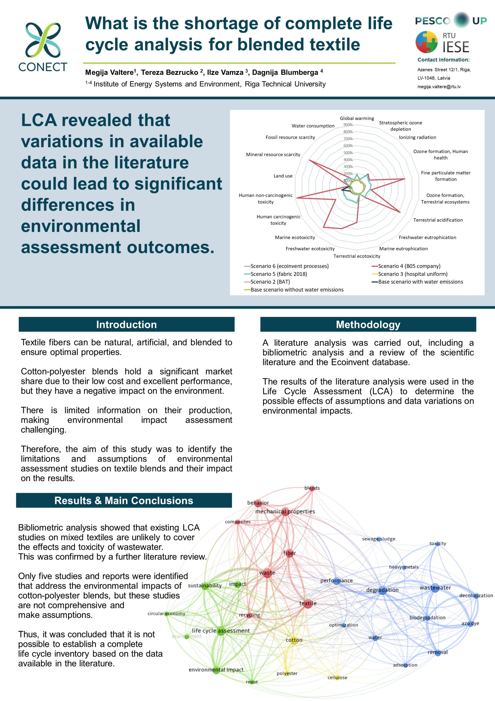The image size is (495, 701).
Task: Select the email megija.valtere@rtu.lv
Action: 439,87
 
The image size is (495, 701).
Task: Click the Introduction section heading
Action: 126,324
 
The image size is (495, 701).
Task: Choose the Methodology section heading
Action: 368,324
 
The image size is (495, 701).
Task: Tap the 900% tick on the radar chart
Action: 348,125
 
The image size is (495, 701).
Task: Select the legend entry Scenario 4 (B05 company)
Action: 409,266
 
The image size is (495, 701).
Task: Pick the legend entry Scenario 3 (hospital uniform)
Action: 413,274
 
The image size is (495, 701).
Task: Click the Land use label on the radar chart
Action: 283,176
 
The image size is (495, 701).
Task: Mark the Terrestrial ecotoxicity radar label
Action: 357,256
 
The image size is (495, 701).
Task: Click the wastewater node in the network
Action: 435,588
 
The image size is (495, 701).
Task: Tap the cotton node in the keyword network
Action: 294,640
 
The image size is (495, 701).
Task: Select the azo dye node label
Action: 470,624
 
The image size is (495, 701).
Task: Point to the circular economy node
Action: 166,614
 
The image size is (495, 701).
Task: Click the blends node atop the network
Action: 312,488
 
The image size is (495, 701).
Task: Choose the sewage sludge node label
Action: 378,539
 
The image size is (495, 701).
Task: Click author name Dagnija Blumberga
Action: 285,73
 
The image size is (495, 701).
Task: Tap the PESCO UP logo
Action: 451,21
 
